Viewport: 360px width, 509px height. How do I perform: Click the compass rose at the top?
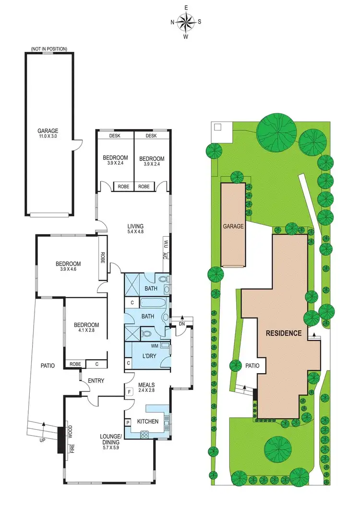[x=186, y=22]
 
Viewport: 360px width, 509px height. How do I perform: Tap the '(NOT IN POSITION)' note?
[x=49, y=48]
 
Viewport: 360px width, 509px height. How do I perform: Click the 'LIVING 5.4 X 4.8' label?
[x=135, y=229]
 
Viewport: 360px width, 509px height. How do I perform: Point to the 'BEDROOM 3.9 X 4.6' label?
[x=68, y=267]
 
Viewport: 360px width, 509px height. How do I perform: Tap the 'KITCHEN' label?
[x=147, y=422]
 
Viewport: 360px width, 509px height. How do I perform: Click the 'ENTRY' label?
[x=96, y=381]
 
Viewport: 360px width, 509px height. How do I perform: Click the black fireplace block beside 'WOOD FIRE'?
[x=61, y=439]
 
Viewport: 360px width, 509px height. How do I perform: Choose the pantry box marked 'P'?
[x=128, y=422]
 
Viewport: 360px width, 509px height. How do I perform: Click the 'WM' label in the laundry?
[x=155, y=345]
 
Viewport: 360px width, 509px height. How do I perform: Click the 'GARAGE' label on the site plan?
[x=233, y=226]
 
